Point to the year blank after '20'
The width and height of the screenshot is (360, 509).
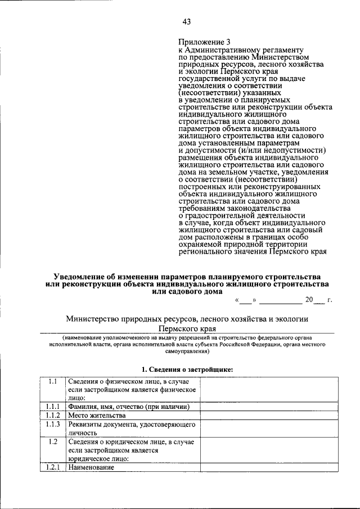(x=319, y=300)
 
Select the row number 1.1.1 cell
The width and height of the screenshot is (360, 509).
(x=53, y=407)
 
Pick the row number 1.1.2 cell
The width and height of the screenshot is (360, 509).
(x=53, y=416)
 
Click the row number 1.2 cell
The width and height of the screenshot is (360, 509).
(x=53, y=442)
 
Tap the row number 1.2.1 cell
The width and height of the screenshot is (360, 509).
(x=53, y=467)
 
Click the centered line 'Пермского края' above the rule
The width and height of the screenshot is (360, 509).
(x=186, y=328)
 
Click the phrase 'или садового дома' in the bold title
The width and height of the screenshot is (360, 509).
(x=186, y=292)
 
